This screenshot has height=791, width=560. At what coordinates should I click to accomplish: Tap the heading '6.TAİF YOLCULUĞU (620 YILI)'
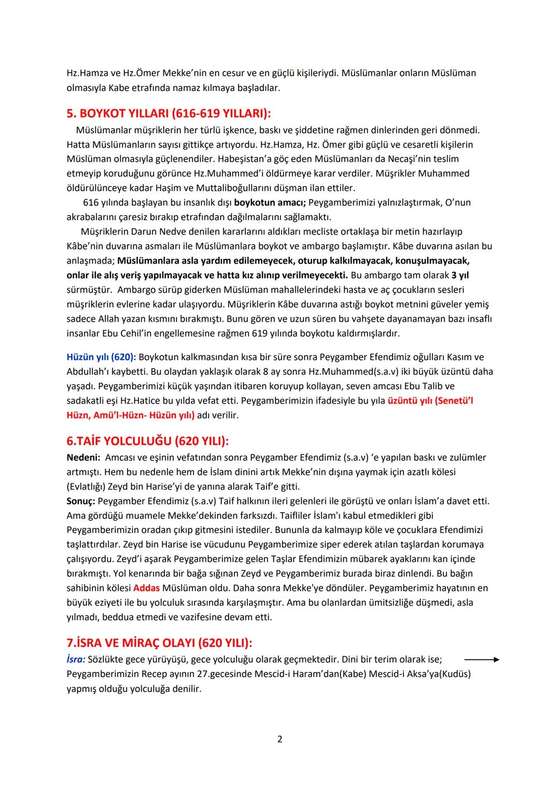click(x=148, y=441)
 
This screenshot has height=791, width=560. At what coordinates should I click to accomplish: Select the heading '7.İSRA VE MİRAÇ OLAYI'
click(x=159, y=643)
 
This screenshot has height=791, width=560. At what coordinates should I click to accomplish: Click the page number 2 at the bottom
click(x=280, y=739)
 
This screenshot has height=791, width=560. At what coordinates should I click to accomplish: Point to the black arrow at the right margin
click(x=481, y=660)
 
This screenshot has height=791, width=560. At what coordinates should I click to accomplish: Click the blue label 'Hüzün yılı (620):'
click(x=101, y=357)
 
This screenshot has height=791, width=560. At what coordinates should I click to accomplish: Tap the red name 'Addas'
click(x=146, y=588)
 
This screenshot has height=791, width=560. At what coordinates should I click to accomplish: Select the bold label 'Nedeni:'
click(x=83, y=457)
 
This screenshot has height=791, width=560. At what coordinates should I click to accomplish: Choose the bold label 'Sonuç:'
click(x=81, y=501)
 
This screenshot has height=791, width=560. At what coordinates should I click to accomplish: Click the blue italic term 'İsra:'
click(x=76, y=659)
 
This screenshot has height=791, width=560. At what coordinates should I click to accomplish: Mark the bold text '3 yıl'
click(x=460, y=275)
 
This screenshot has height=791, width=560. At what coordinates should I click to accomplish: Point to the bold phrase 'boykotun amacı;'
click(x=270, y=202)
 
